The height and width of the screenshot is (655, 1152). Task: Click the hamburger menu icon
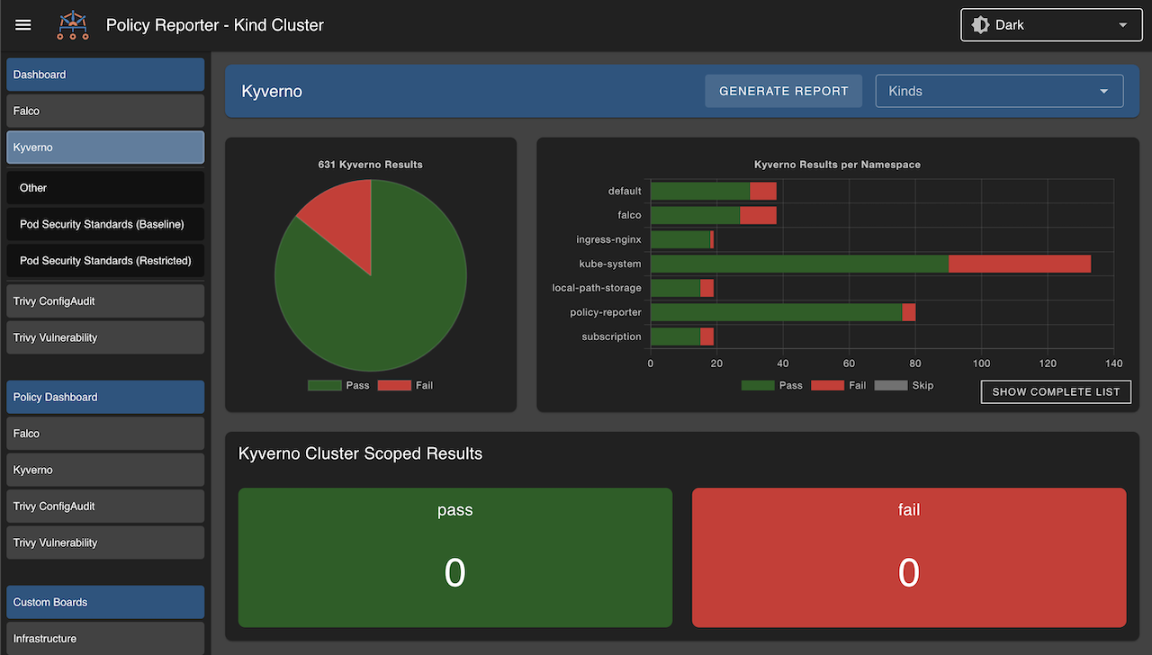[23, 25]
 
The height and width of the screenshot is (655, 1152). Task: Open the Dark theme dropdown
[1049, 25]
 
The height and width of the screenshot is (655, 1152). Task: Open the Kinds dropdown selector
[999, 91]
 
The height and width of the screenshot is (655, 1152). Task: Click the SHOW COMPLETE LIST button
[1056, 392]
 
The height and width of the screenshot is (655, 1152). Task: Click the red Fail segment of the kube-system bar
[1019, 264]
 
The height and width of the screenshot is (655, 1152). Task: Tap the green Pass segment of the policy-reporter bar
[776, 312]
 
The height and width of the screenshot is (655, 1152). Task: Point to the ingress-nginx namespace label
[608, 239]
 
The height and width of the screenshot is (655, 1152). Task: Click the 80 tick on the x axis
[915, 363]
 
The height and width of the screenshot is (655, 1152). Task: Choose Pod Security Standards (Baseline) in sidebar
[102, 224]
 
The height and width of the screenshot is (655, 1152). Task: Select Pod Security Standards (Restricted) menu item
[105, 261]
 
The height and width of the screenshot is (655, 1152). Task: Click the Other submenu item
[33, 188]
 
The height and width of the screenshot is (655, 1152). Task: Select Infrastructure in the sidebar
[45, 638]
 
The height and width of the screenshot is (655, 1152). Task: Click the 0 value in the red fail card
[908, 573]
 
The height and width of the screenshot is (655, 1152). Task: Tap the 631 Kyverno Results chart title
[370, 165]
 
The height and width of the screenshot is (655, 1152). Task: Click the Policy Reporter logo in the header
[73, 25]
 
